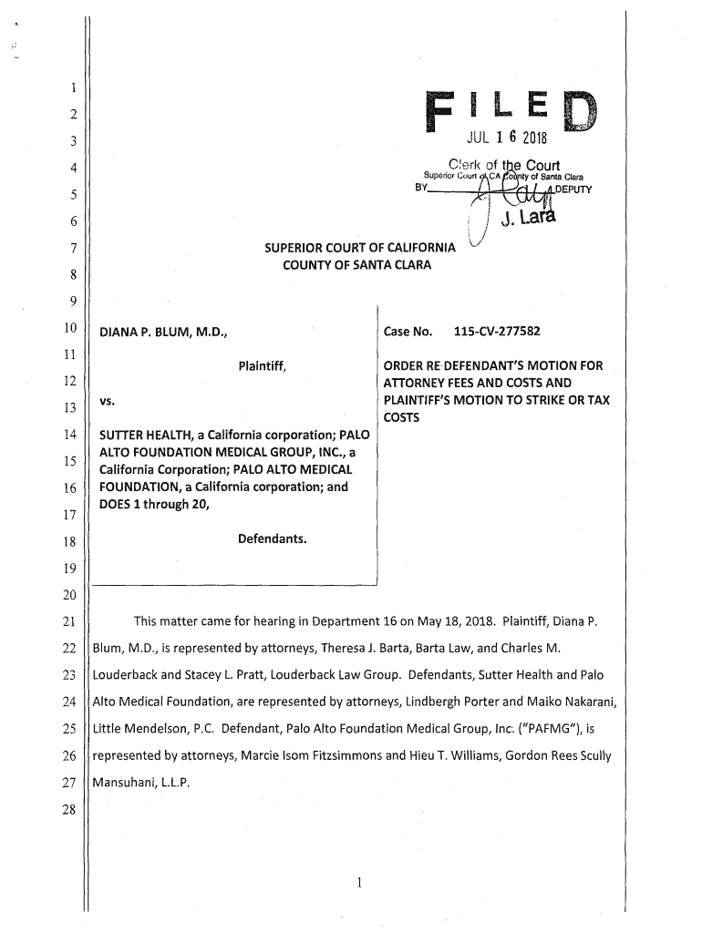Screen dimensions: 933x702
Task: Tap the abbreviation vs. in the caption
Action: [108, 401]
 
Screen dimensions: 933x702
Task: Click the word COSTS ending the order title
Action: [402, 417]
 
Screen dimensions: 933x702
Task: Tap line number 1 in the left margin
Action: [72, 88]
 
